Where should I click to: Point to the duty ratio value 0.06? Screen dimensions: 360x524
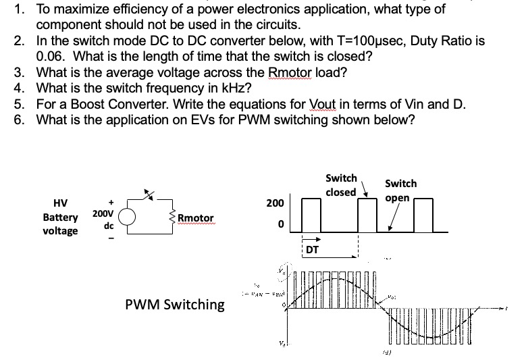[51, 56]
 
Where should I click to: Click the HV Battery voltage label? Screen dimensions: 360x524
[60, 217]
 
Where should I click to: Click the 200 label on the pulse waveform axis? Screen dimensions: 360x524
[274, 203]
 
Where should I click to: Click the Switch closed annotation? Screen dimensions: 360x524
[341, 185]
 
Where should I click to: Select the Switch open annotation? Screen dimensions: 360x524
[400, 190]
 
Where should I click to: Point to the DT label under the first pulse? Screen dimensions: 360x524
[313, 250]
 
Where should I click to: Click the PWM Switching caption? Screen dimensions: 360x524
[175, 304]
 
